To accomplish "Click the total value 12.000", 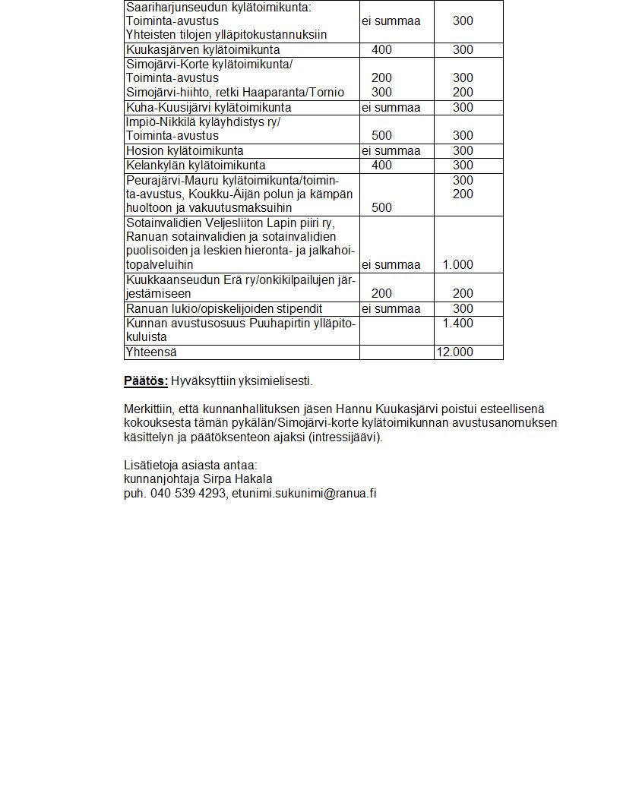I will (x=454, y=352).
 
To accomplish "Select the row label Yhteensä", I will (x=150, y=352).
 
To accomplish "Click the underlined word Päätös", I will (x=145, y=380).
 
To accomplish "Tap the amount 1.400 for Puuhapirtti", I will (x=457, y=324).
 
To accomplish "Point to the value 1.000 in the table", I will (x=457, y=265).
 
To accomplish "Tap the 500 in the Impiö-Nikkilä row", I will (x=382, y=136).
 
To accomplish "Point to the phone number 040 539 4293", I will (x=188, y=494).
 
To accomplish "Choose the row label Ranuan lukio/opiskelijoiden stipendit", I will (x=224, y=309).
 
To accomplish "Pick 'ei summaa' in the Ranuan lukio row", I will (x=391, y=309).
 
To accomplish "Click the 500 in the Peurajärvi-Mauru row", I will (x=382, y=208).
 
